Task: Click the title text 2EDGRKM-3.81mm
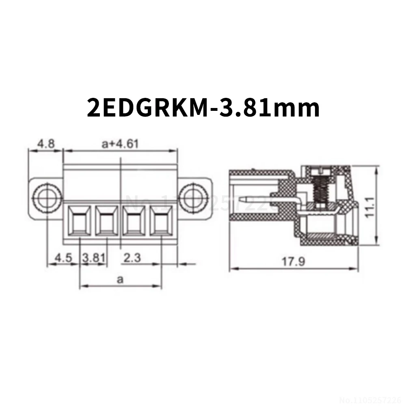(203, 108)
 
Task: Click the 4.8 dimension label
(45, 144)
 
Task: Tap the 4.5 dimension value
(64, 257)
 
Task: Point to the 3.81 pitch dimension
(94, 257)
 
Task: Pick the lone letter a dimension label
(120, 280)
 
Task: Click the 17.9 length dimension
(293, 261)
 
